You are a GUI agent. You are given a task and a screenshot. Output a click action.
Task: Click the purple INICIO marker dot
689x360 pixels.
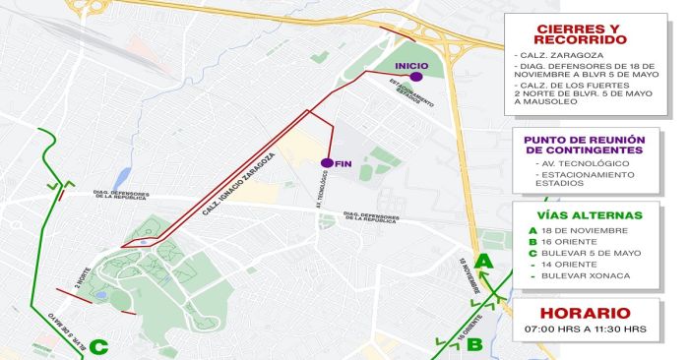(416, 76)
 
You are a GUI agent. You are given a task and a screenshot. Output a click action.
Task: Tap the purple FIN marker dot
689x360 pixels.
(326, 162)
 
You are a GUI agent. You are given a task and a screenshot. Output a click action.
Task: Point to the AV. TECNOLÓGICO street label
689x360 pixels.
(321, 200)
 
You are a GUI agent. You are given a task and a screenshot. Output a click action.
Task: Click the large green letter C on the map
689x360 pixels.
(98, 346)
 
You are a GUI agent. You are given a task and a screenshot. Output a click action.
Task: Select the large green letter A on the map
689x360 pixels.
(483, 262)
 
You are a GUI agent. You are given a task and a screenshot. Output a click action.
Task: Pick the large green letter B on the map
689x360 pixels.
(474, 344)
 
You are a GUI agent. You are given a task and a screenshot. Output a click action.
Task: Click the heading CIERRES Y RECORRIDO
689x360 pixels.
(580, 34)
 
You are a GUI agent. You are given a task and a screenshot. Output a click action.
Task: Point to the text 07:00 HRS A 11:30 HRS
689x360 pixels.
(580, 329)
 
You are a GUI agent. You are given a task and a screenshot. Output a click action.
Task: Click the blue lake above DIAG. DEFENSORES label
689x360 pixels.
(122, 178)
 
